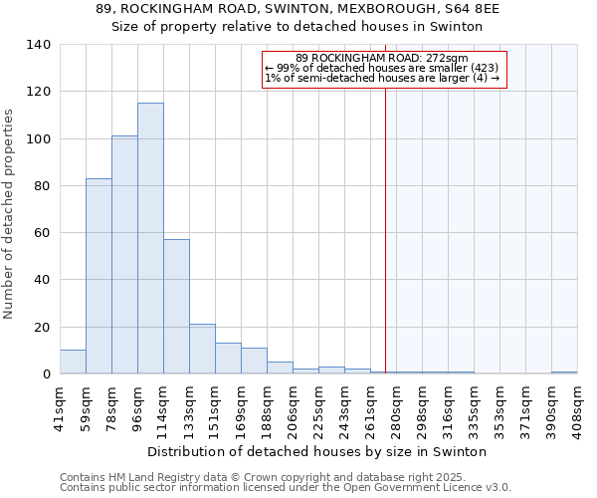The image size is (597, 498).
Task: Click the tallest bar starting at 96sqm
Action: coord(150,239)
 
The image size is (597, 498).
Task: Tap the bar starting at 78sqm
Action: coord(124,255)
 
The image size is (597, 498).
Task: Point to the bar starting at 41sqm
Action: coord(73,363)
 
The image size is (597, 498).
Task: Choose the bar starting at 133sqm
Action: coord(202,350)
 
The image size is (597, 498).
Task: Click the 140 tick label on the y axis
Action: coord(39,45)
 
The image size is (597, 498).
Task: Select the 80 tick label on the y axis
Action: coord(42,186)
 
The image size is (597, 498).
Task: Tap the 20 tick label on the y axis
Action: coord(42,328)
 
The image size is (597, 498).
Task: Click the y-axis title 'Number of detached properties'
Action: coord(10,214)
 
